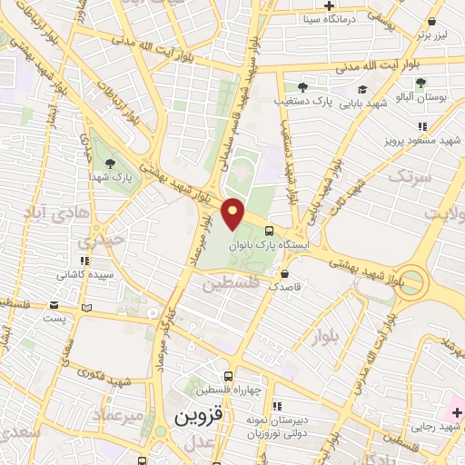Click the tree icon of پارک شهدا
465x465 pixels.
click(111, 163)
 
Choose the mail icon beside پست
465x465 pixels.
click(85, 309)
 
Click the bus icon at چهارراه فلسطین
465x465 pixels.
click(228, 376)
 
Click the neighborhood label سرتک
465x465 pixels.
click(407, 178)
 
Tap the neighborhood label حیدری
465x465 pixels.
click(96, 242)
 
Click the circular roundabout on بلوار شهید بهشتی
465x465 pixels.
click(412, 280)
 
